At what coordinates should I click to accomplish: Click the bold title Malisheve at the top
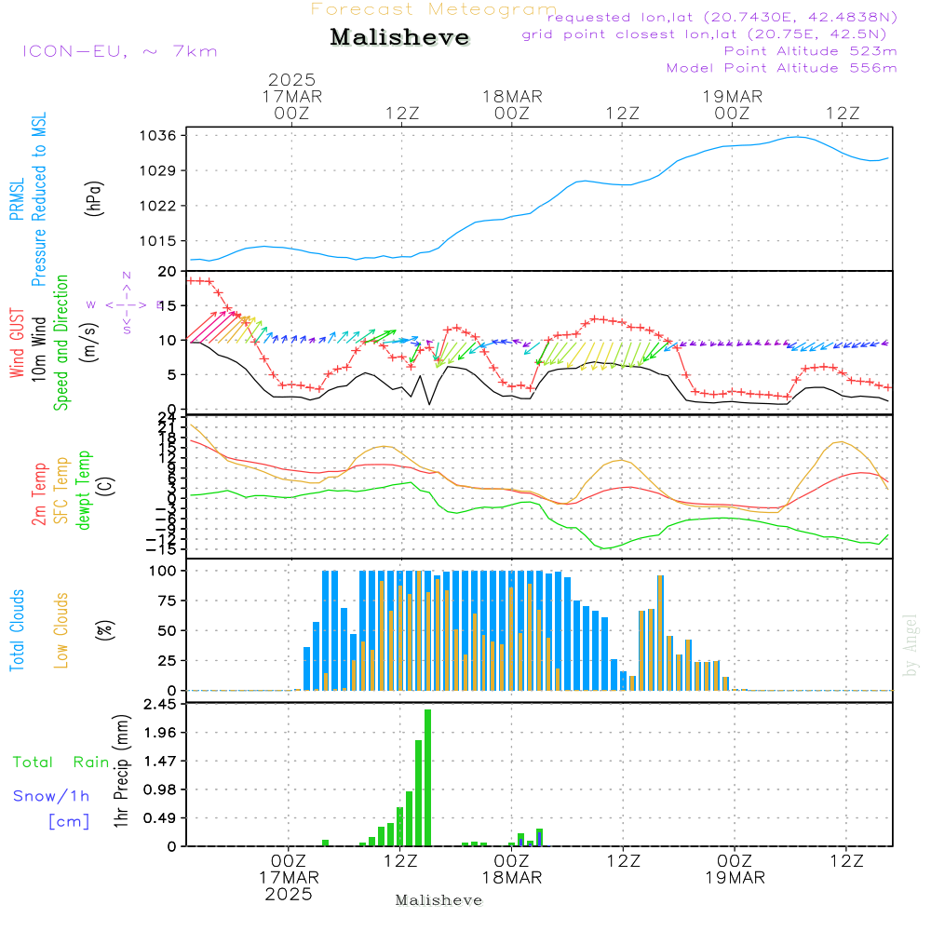click(x=400, y=38)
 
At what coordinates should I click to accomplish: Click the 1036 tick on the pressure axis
click(x=158, y=135)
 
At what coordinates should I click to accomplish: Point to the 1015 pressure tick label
click(x=158, y=240)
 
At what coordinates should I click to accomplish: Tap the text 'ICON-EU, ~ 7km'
click(x=119, y=51)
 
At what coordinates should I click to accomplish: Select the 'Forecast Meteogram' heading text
click(x=434, y=9)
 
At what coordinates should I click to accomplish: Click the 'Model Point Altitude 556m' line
click(x=781, y=68)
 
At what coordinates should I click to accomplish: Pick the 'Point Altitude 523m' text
click(x=810, y=51)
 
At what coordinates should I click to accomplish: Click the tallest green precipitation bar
click(x=428, y=777)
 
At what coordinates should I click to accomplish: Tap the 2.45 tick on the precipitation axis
click(x=160, y=705)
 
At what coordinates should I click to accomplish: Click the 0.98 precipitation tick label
click(x=160, y=789)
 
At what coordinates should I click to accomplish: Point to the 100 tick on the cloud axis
click(x=164, y=571)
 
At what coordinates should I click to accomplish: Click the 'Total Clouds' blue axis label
click(x=17, y=630)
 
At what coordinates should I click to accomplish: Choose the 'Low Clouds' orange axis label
click(x=61, y=630)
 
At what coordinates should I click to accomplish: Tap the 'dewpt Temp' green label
click(x=84, y=491)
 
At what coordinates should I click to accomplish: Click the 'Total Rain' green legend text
click(x=61, y=762)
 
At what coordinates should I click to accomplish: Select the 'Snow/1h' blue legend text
click(x=51, y=796)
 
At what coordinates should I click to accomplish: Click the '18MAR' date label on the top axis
click(x=512, y=96)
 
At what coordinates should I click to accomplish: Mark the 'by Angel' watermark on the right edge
click(x=911, y=645)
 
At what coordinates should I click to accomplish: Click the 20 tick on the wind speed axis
click(x=168, y=271)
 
